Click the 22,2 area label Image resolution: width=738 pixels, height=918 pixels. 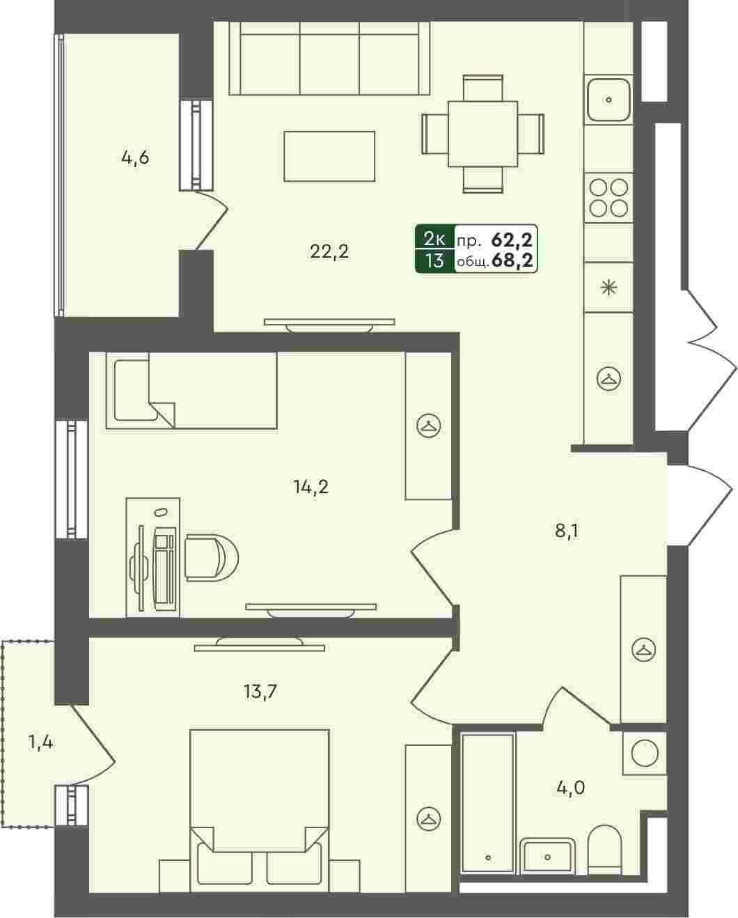(329, 251)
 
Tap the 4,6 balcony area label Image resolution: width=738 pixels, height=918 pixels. (135, 158)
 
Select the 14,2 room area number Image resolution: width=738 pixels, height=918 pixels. (311, 486)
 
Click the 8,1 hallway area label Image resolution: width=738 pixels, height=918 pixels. (567, 531)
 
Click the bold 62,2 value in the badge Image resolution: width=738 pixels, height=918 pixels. (512, 240)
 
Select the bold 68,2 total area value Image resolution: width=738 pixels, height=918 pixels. (512, 260)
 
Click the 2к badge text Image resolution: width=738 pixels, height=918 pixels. (434, 240)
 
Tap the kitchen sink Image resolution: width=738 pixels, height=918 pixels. (609, 100)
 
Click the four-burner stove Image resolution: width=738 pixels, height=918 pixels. (609, 198)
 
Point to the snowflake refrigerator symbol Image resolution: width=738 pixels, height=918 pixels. (609, 288)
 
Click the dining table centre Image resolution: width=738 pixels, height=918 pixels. (482, 134)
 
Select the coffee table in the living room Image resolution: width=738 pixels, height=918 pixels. (329, 156)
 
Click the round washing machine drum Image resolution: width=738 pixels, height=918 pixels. (644, 754)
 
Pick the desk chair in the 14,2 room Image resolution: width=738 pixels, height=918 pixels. (212, 558)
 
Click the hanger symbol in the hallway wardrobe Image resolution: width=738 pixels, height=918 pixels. (643, 650)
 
